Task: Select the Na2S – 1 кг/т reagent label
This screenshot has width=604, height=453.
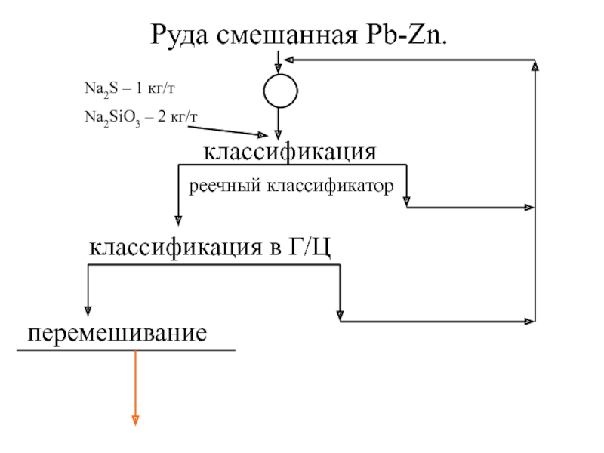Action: click(129, 89)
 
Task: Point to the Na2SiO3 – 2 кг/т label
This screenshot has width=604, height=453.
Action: click(140, 116)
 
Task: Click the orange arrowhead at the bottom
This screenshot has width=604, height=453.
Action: click(135, 420)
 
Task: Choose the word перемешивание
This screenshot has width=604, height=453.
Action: click(118, 331)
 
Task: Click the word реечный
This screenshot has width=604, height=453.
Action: click(220, 184)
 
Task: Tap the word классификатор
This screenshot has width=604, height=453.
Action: click(329, 184)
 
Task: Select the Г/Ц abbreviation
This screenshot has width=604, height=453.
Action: click(309, 247)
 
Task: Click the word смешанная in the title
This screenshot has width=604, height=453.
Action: click(289, 35)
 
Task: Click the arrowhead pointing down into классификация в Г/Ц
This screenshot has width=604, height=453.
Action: click(179, 220)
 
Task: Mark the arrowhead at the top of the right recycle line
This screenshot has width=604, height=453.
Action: click(535, 66)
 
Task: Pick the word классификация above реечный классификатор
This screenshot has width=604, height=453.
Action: click(288, 152)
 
